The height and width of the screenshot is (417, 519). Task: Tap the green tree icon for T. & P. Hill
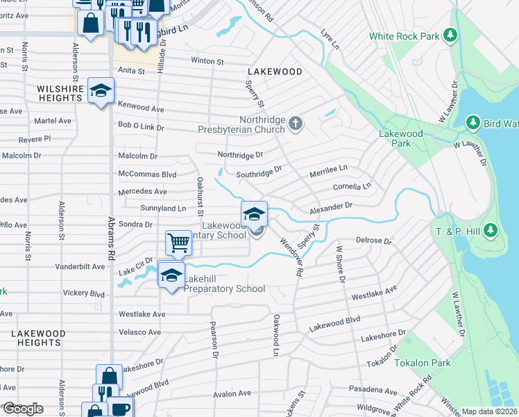click(x=490, y=229)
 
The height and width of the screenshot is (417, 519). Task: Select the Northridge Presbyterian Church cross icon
click(x=296, y=124)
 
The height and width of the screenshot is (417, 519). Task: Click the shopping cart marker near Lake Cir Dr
click(x=179, y=243)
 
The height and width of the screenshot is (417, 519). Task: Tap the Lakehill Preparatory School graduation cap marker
click(x=171, y=275)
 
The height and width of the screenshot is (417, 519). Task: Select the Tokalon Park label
click(x=422, y=363)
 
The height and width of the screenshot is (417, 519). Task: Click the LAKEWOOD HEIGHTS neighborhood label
click(x=40, y=338)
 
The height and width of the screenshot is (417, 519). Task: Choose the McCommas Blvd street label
click(x=147, y=174)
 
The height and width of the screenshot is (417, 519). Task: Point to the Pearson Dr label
click(x=215, y=339)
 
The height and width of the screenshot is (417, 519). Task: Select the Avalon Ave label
click(x=231, y=393)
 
